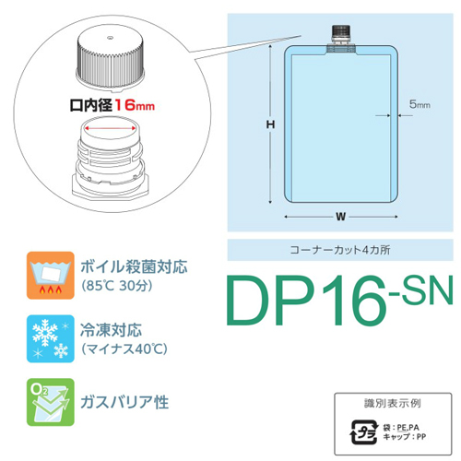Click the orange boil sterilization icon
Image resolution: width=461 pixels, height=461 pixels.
[51, 276]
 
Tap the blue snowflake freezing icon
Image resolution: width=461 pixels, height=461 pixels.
[51, 338]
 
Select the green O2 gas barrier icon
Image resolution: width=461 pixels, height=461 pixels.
[51, 402]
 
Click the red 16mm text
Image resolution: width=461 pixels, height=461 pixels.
[135, 105]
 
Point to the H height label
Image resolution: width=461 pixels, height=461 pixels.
[270, 124]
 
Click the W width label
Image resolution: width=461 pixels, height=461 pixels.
[341, 217]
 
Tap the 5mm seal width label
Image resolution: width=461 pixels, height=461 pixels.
[420, 104]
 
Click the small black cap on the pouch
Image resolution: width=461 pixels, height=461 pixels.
[341, 31]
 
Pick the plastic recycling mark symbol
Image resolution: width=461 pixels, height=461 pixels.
[364, 432]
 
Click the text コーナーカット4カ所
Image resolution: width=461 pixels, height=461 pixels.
[340, 250]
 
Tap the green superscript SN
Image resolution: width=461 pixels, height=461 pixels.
[421, 290]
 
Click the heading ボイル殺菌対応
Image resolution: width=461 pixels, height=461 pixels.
[134, 266]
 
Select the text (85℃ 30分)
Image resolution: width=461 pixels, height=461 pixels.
[117, 286]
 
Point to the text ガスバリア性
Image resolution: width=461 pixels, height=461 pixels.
[124, 402]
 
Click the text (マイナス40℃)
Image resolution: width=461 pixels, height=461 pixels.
[124, 349]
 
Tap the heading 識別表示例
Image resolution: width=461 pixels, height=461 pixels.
[393, 403]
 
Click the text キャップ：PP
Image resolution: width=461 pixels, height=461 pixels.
[405, 436]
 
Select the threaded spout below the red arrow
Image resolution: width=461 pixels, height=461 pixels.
[110, 159]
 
